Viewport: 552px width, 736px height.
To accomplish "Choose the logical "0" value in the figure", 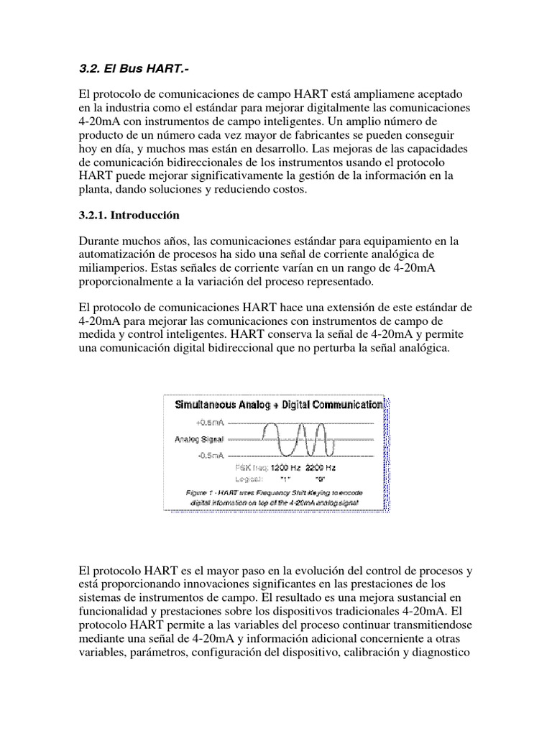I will pyautogui.click(x=320, y=478).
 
